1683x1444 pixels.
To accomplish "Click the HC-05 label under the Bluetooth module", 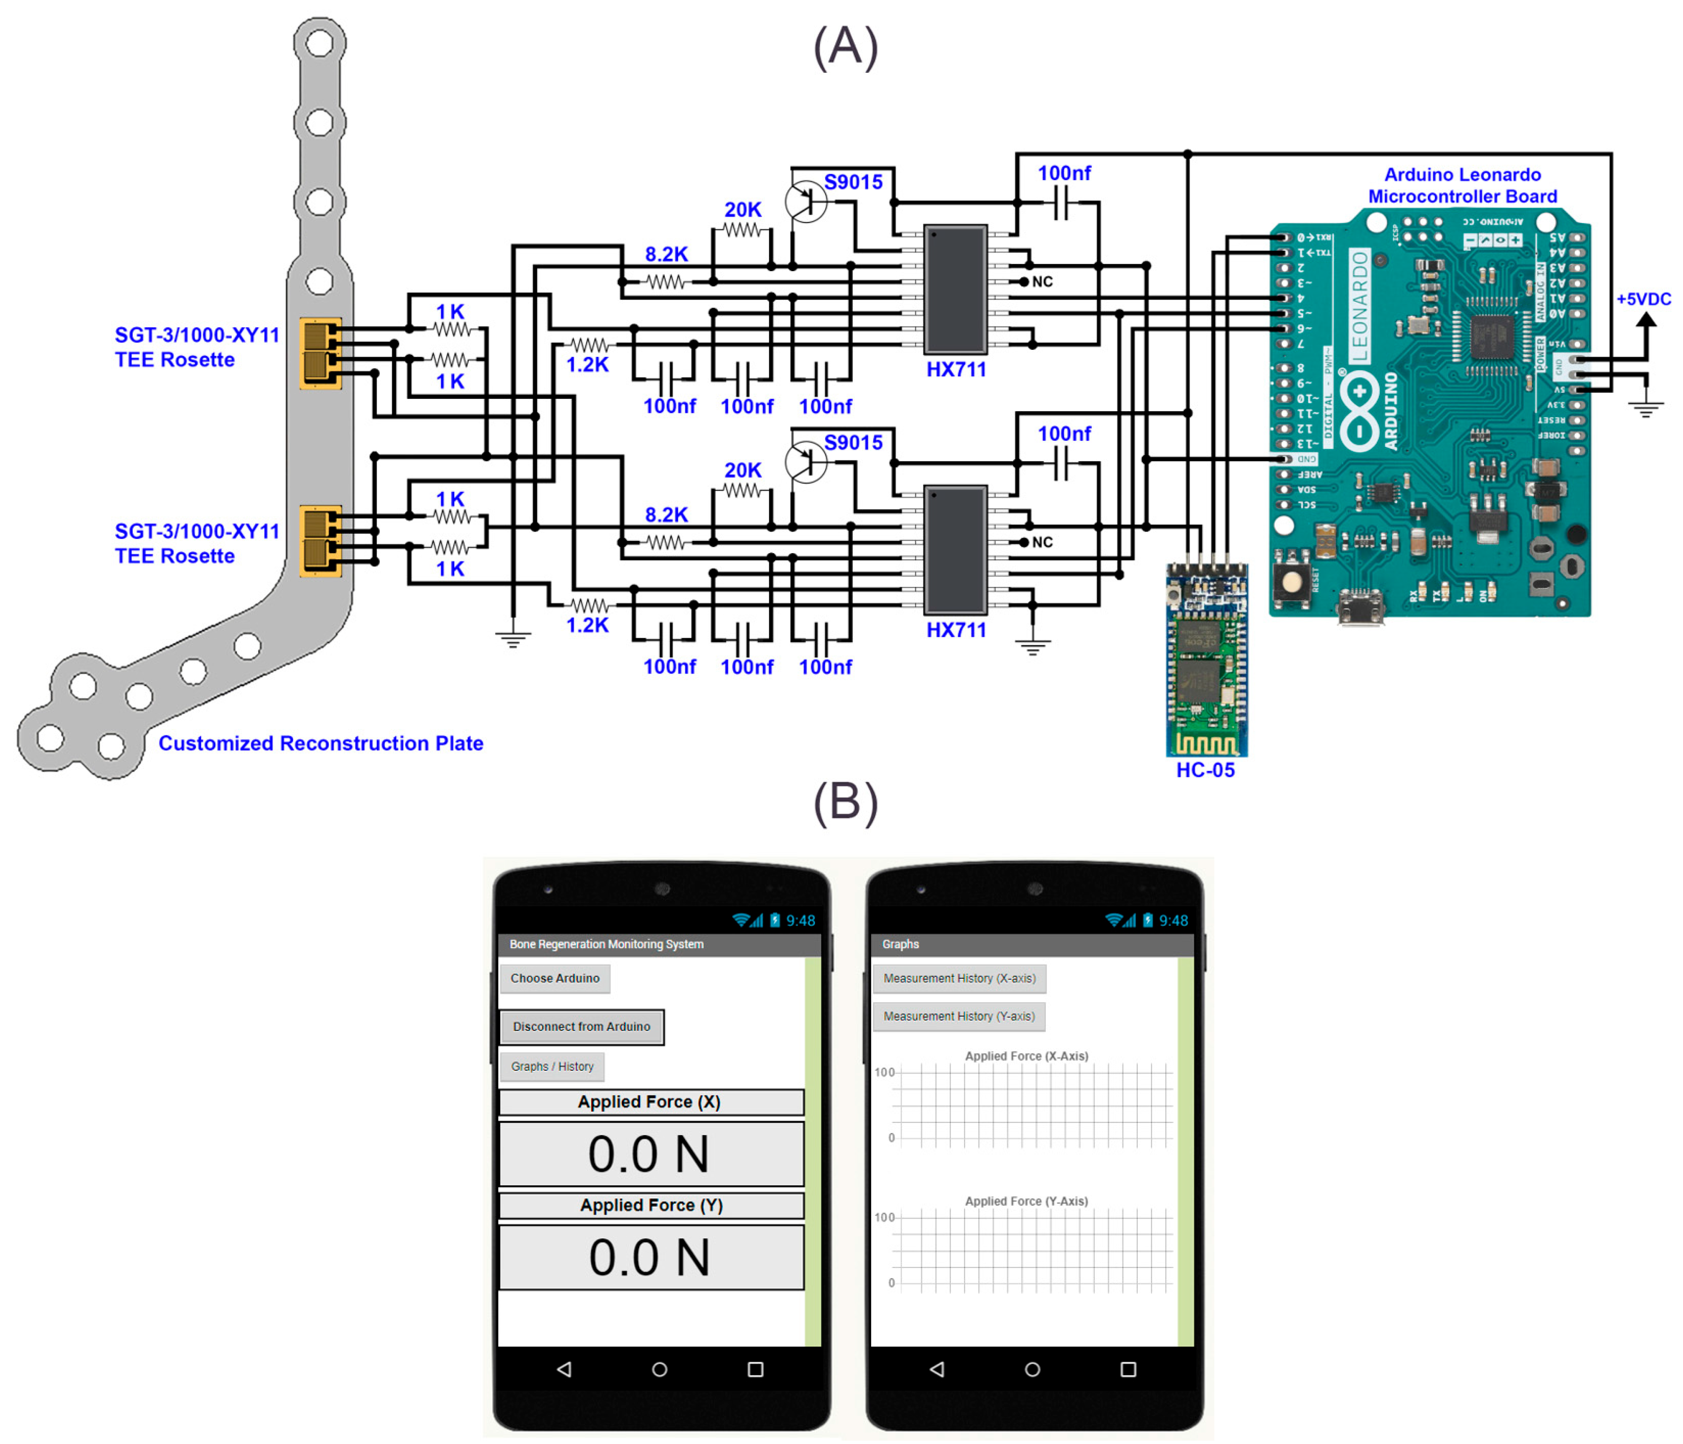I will point(1205,769).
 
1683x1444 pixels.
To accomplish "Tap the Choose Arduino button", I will point(555,978).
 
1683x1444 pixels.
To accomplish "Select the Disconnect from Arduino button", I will point(581,1027).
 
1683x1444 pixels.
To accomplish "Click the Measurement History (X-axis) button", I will point(959,978).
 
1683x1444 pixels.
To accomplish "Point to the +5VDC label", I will point(1643,299).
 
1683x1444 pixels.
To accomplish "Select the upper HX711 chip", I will point(955,289).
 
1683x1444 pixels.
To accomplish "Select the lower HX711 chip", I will point(955,550).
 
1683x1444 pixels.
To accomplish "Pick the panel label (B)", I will point(846,802).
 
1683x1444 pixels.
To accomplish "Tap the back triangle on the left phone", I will point(564,1369).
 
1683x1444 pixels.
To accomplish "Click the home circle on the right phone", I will point(1032,1369).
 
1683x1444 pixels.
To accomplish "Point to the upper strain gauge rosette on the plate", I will point(320,353).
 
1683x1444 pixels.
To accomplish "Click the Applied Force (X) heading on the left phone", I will point(650,1102).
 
